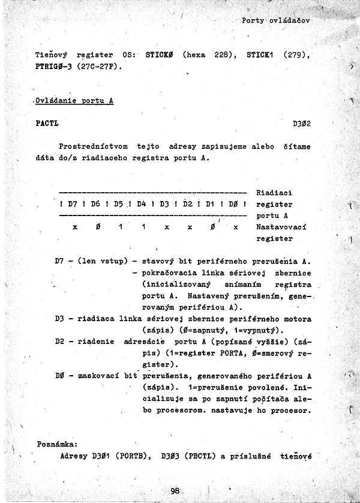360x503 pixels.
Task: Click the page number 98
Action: point(175,491)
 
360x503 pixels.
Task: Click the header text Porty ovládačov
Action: point(275,20)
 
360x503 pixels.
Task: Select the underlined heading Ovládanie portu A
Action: point(74,101)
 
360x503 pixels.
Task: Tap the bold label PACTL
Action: point(47,124)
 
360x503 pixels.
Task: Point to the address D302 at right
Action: point(301,124)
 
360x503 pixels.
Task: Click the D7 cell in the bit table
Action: point(73,204)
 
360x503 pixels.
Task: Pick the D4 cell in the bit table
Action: point(142,204)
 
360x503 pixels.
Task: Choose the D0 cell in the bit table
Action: point(234,204)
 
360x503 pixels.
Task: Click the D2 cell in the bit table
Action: point(188,204)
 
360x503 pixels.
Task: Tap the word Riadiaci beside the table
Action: point(274,193)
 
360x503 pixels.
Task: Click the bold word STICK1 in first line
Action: point(259,55)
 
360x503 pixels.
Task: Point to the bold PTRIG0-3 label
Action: point(54,66)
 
